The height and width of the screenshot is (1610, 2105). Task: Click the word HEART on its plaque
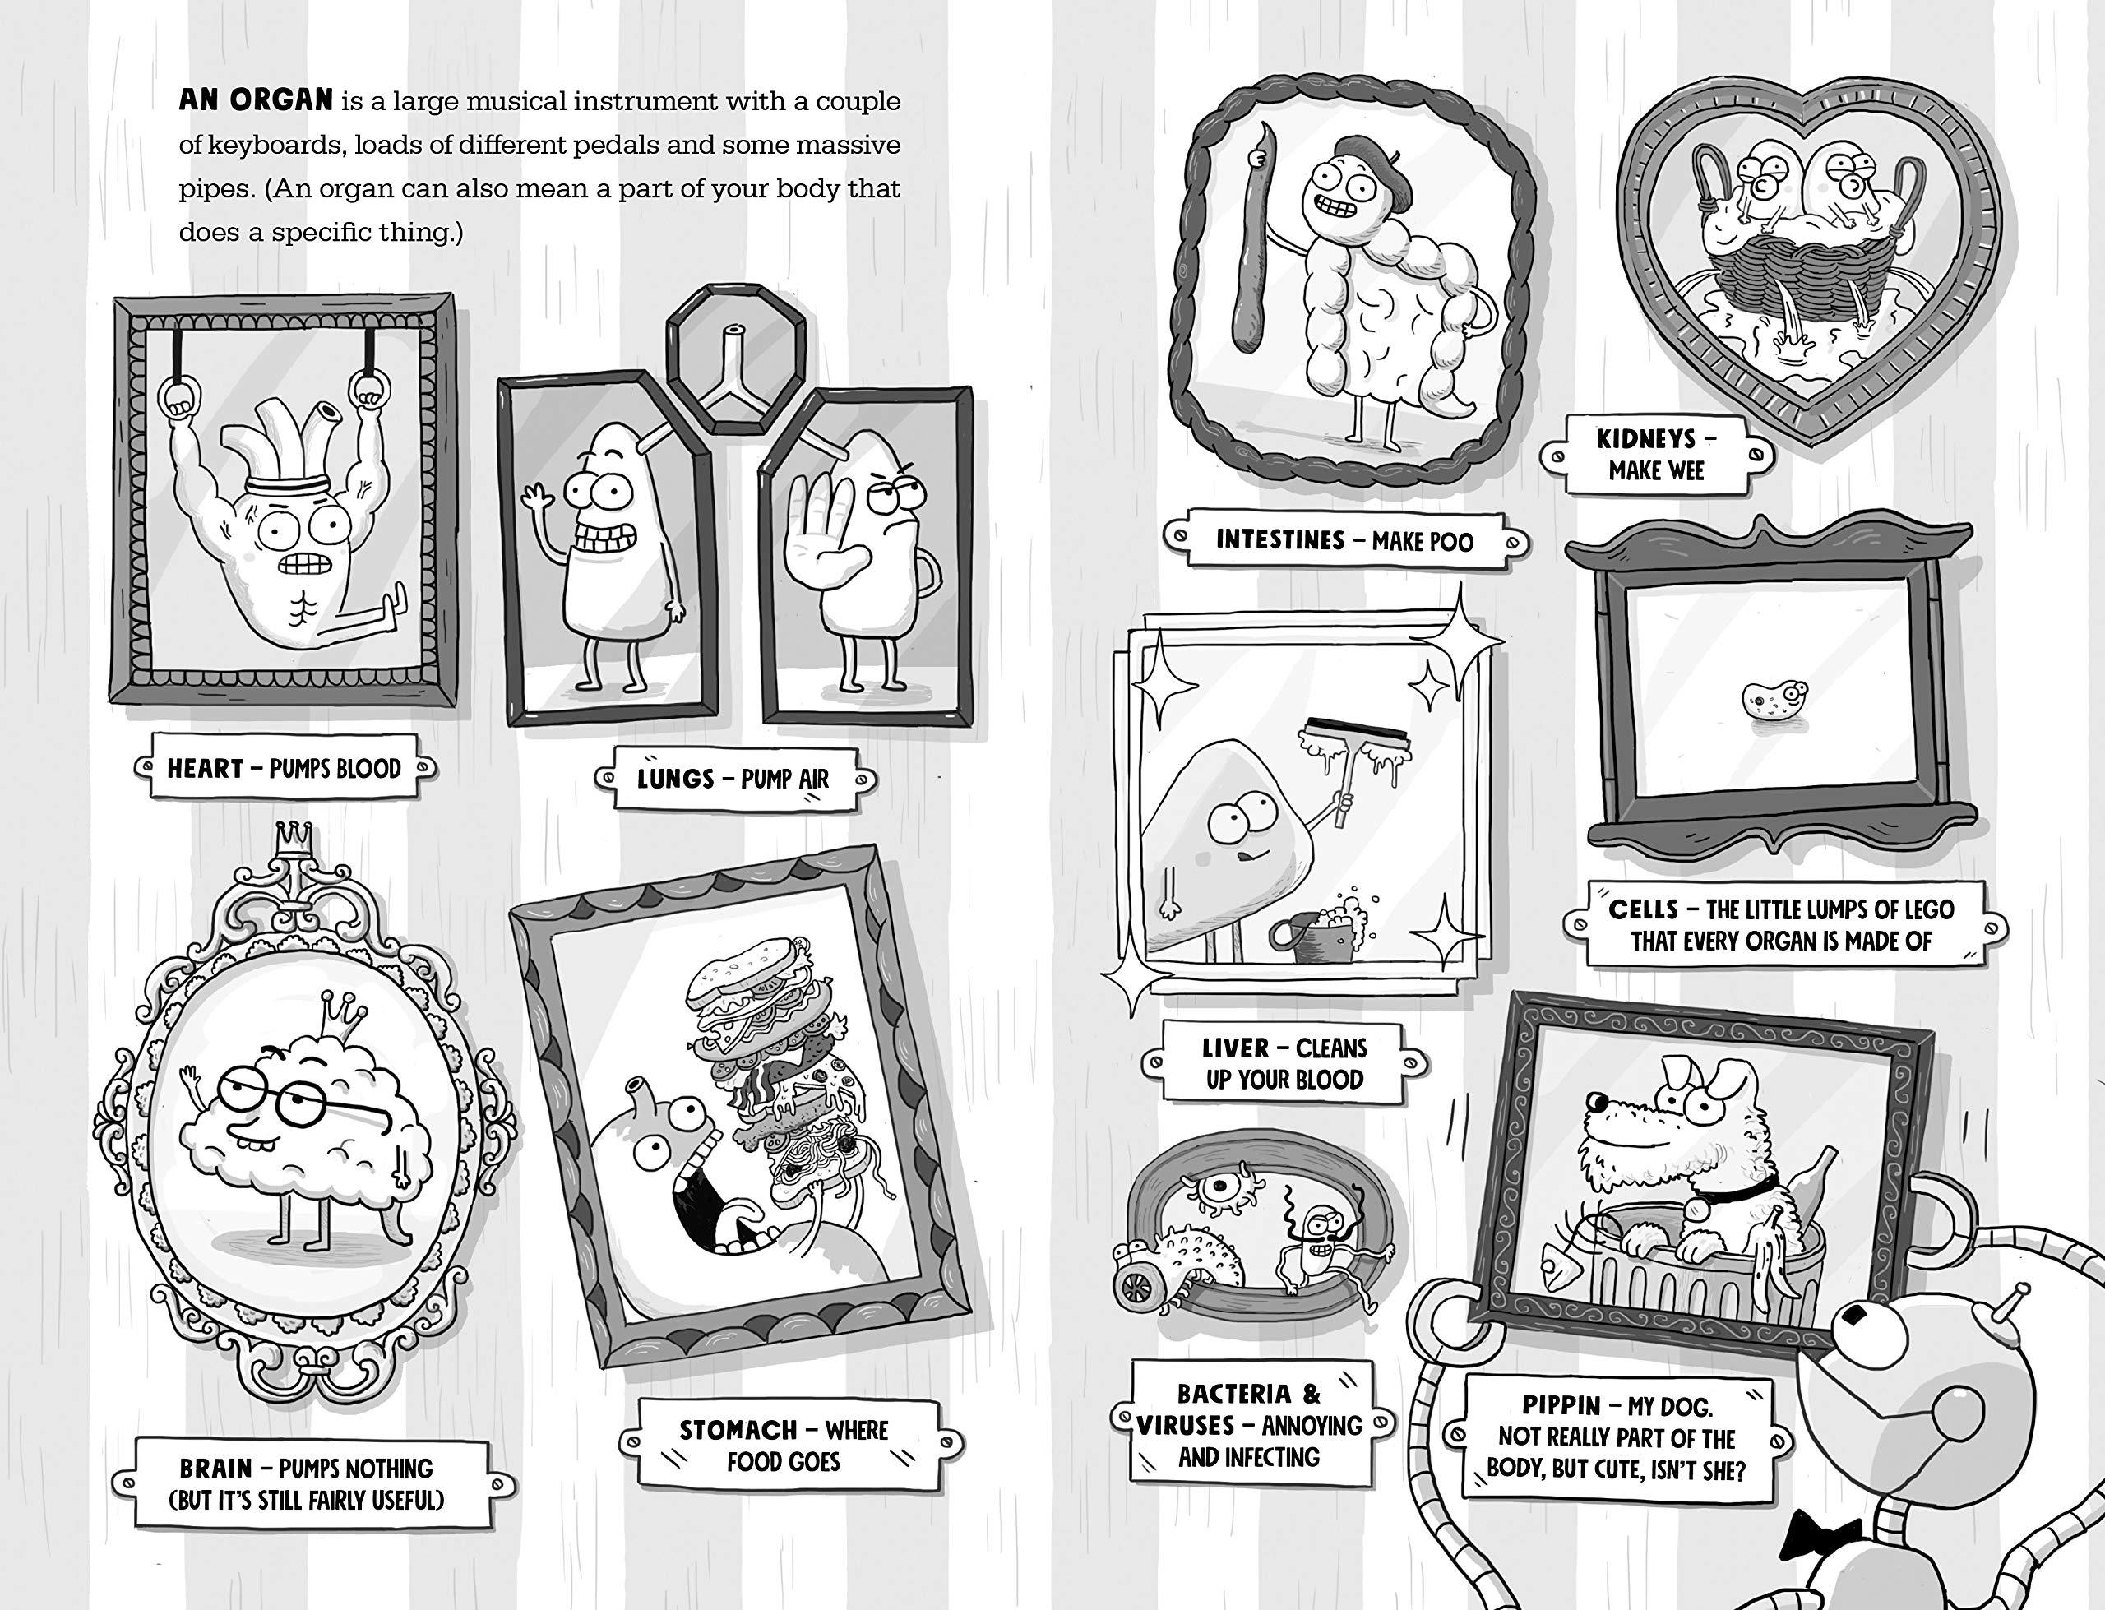pos(205,768)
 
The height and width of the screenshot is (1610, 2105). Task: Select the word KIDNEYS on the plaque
pos(1645,439)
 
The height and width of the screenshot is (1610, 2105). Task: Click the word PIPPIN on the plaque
pos(1561,1406)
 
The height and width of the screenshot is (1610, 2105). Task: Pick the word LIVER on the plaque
pos(1235,1048)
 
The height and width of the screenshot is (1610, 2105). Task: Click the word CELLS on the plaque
pos(1643,909)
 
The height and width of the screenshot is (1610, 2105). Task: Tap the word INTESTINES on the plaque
pos(1280,539)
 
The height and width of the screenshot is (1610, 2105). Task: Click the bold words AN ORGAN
pos(256,99)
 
